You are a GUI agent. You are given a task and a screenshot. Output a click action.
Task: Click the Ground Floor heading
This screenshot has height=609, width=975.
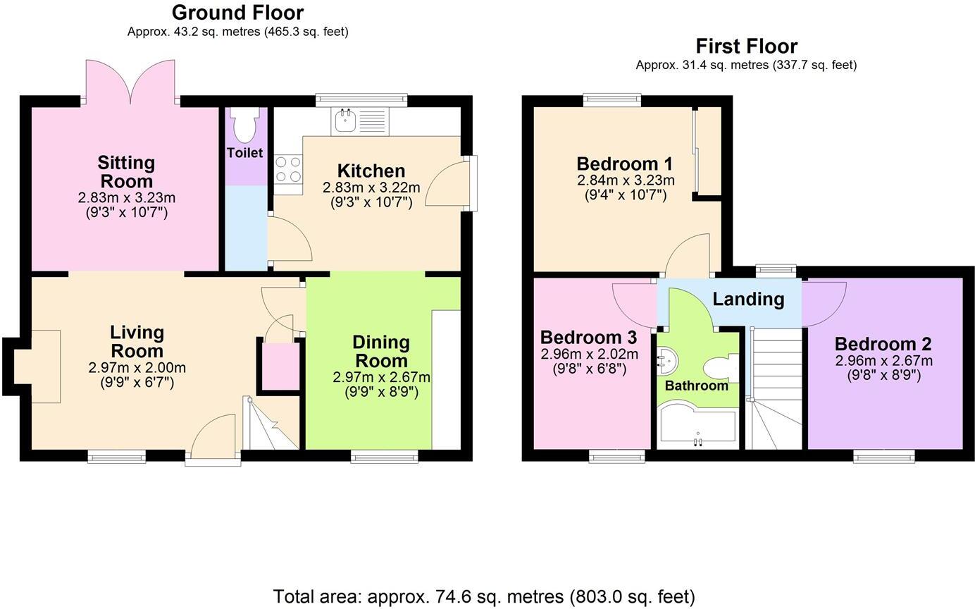point(237,13)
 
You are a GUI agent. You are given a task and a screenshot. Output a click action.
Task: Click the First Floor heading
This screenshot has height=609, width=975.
point(746,46)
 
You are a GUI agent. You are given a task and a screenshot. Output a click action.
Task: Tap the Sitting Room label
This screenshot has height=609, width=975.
point(126,171)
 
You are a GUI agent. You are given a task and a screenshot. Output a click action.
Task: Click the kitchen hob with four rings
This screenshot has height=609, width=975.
point(287,170)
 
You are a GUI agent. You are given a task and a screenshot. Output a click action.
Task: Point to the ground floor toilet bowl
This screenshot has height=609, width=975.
point(244,127)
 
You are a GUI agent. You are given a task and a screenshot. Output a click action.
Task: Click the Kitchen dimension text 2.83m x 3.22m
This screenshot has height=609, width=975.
point(371,187)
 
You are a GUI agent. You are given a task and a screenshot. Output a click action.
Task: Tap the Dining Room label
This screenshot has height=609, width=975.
point(380,351)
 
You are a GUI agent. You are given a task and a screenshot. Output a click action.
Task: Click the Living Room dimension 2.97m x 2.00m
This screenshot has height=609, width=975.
point(137,367)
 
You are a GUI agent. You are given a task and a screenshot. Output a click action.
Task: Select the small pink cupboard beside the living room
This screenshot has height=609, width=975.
point(280,365)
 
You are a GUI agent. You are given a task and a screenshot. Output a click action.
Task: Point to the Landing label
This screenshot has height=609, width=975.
point(748,299)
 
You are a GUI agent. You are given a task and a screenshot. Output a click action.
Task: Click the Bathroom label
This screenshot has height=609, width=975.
point(696,386)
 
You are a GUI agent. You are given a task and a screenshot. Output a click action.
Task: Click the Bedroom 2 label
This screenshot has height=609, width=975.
point(883,344)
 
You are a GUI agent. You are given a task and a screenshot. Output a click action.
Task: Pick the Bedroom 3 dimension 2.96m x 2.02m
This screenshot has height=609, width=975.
point(589,354)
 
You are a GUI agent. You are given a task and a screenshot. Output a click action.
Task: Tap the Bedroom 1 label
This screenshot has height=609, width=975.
point(625,164)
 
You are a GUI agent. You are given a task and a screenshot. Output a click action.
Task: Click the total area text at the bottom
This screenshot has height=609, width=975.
point(484,597)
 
